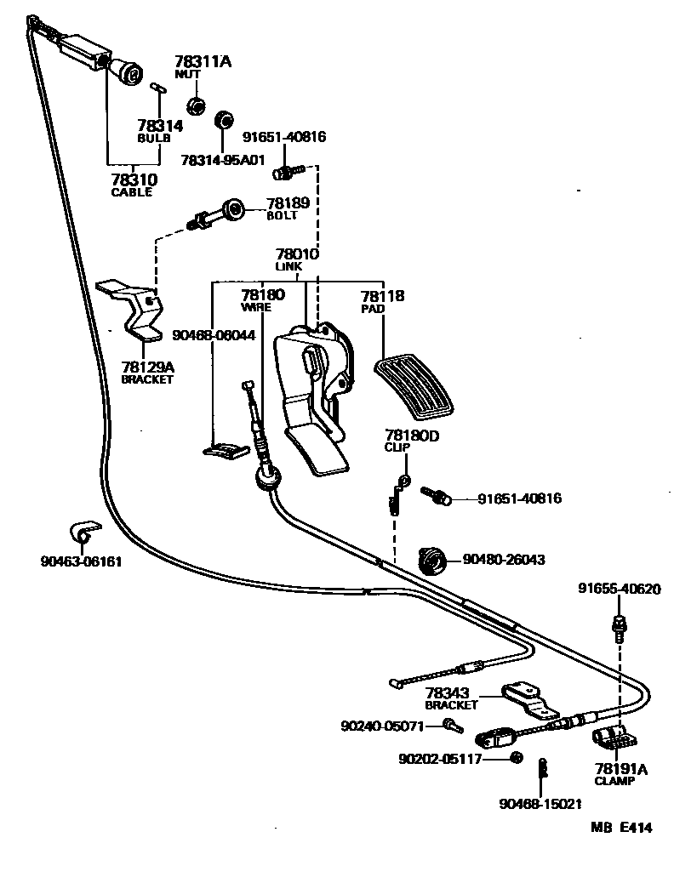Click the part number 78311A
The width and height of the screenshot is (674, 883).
point(203,61)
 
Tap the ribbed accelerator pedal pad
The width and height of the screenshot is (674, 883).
point(414,387)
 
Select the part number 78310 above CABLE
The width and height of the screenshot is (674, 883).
point(134,179)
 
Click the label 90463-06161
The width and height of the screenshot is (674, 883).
point(81,562)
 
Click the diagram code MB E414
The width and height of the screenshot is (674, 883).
point(621,827)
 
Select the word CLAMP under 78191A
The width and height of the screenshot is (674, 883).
point(614,781)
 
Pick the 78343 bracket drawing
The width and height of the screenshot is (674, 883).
point(529,702)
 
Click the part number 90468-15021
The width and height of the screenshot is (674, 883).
point(540,804)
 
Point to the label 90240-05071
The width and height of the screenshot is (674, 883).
point(382,726)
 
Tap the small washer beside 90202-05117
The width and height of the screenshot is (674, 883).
point(515,757)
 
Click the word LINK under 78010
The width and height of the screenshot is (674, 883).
point(288,266)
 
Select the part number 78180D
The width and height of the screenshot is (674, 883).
point(412,436)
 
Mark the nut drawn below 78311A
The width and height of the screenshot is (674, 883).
point(196,105)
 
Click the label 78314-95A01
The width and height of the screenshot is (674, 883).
point(223,160)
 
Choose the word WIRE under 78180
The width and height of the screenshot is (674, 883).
point(256,307)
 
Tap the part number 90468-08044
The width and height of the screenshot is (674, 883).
point(214,336)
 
